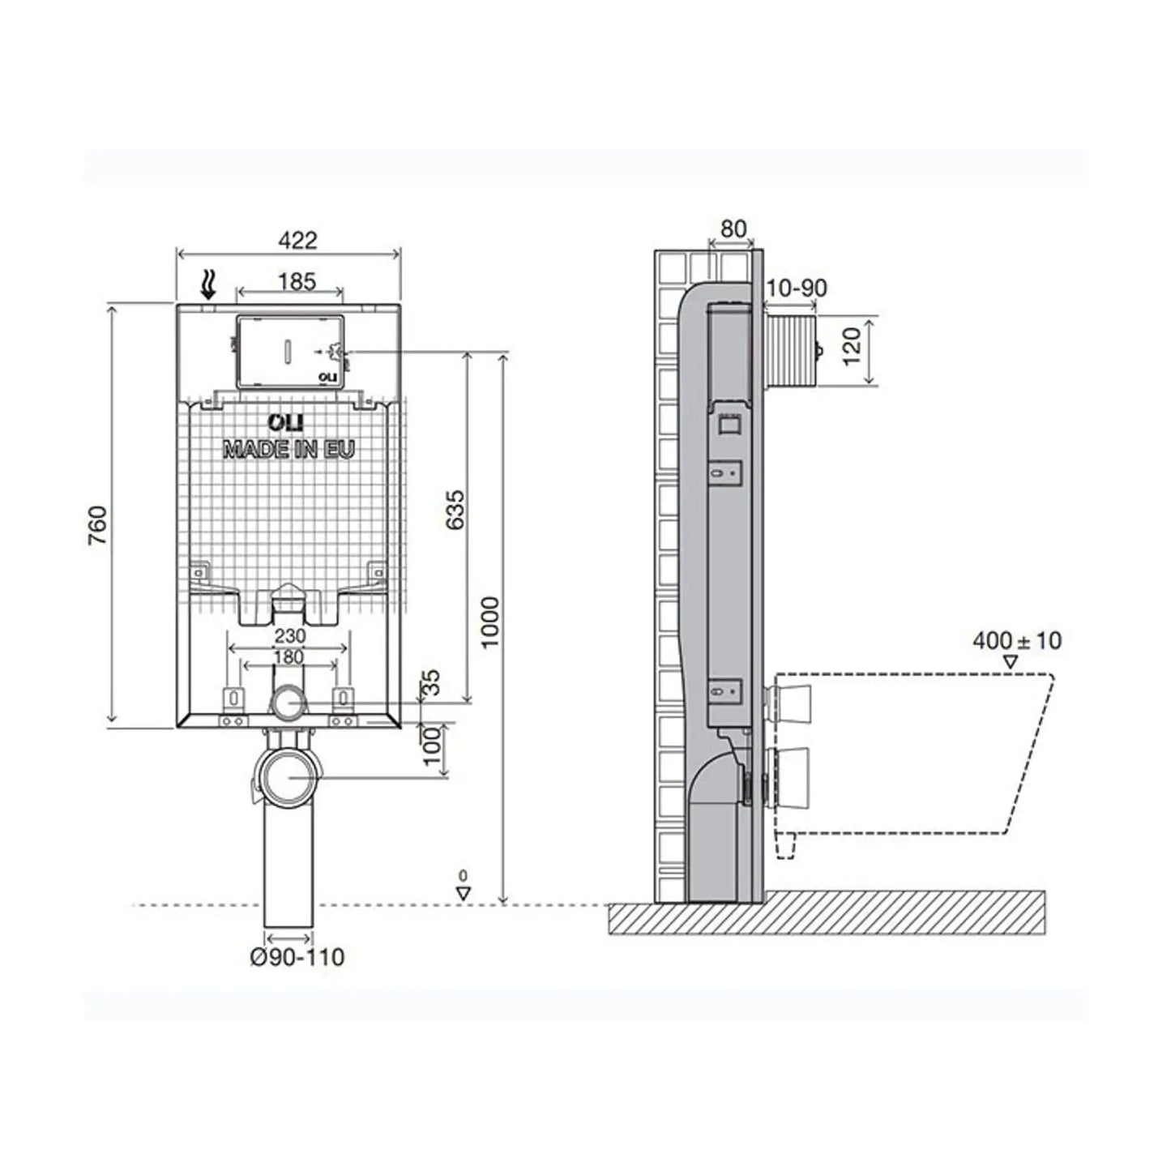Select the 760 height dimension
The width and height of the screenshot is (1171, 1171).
tap(98, 525)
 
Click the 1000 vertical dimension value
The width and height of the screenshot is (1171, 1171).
tap(489, 623)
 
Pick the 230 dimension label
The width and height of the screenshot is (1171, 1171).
tap(290, 636)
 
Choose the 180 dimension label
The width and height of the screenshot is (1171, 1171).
tap(288, 657)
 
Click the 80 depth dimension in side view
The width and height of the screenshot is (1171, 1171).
tap(733, 229)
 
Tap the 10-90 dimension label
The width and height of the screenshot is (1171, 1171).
tap(797, 288)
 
